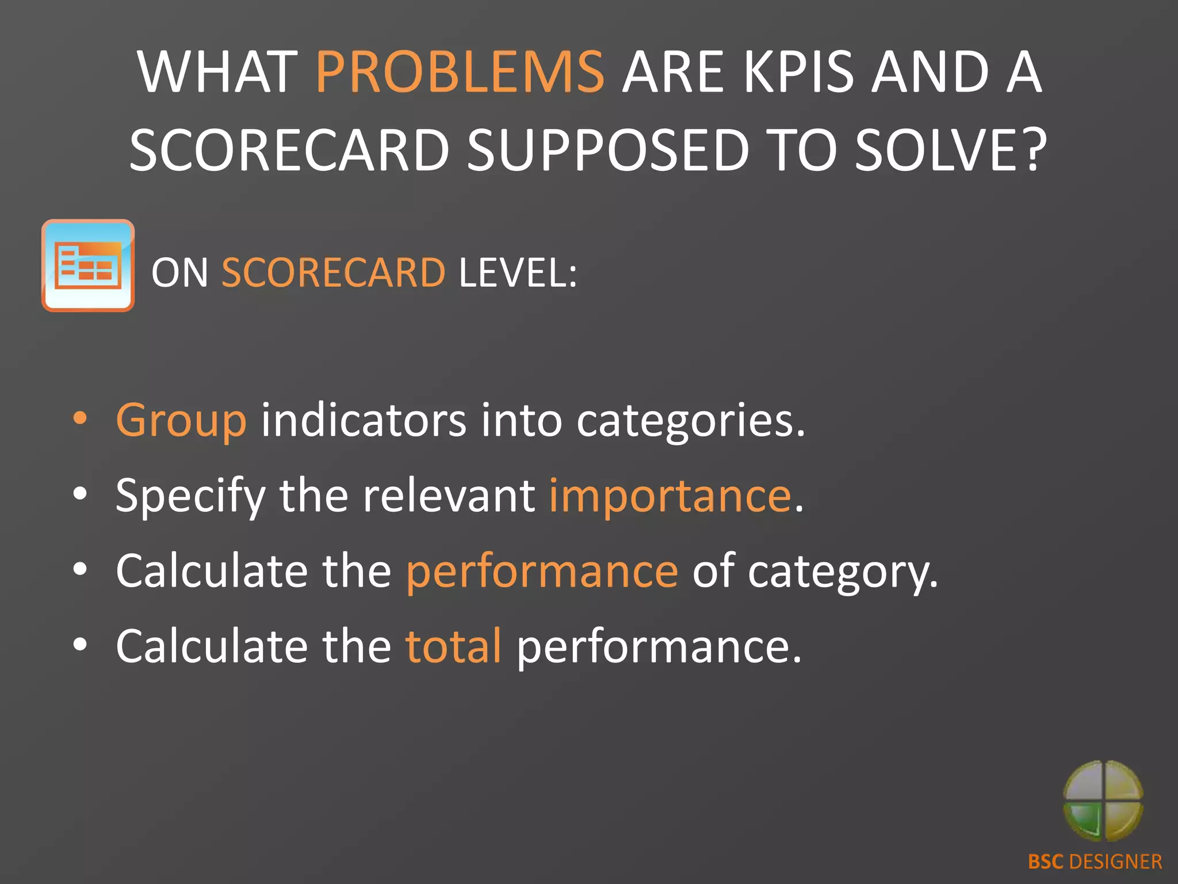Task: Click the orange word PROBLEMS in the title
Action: [460, 73]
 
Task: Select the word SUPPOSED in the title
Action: [608, 151]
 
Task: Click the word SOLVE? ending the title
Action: [950, 151]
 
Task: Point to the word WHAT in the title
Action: [217, 73]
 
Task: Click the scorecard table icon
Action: [88, 265]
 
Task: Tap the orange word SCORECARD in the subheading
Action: [334, 272]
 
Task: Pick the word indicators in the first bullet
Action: [364, 420]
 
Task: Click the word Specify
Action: [190, 496]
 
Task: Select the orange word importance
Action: [670, 496]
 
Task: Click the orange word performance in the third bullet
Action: [542, 572]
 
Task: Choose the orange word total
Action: [453, 647]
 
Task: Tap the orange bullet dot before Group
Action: [81, 419]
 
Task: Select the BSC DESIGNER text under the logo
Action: [1095, 862]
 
